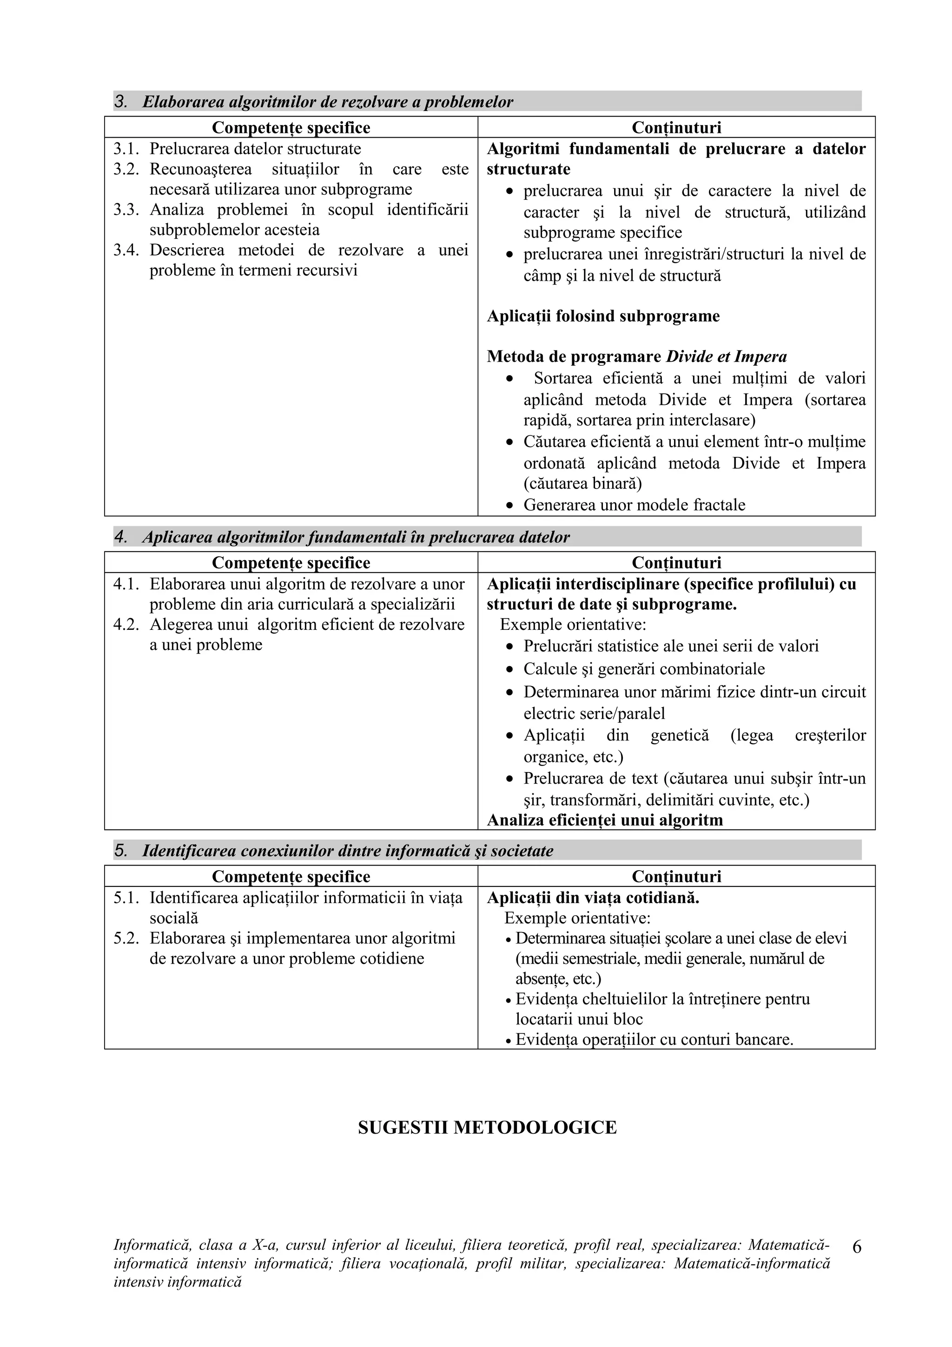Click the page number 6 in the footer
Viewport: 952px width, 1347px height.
click(856, 1262)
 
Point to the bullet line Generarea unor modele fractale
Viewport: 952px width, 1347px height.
click(634, 505)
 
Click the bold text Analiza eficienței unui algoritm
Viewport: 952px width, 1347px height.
click(604, 820)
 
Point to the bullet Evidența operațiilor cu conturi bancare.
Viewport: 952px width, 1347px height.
click(654, 1040)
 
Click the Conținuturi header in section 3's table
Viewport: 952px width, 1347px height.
click(676, 127)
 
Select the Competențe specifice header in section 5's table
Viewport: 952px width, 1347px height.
click(291, 877)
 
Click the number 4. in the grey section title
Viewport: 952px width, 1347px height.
click(120, 537)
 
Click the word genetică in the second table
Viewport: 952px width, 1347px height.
click(679, 735)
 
